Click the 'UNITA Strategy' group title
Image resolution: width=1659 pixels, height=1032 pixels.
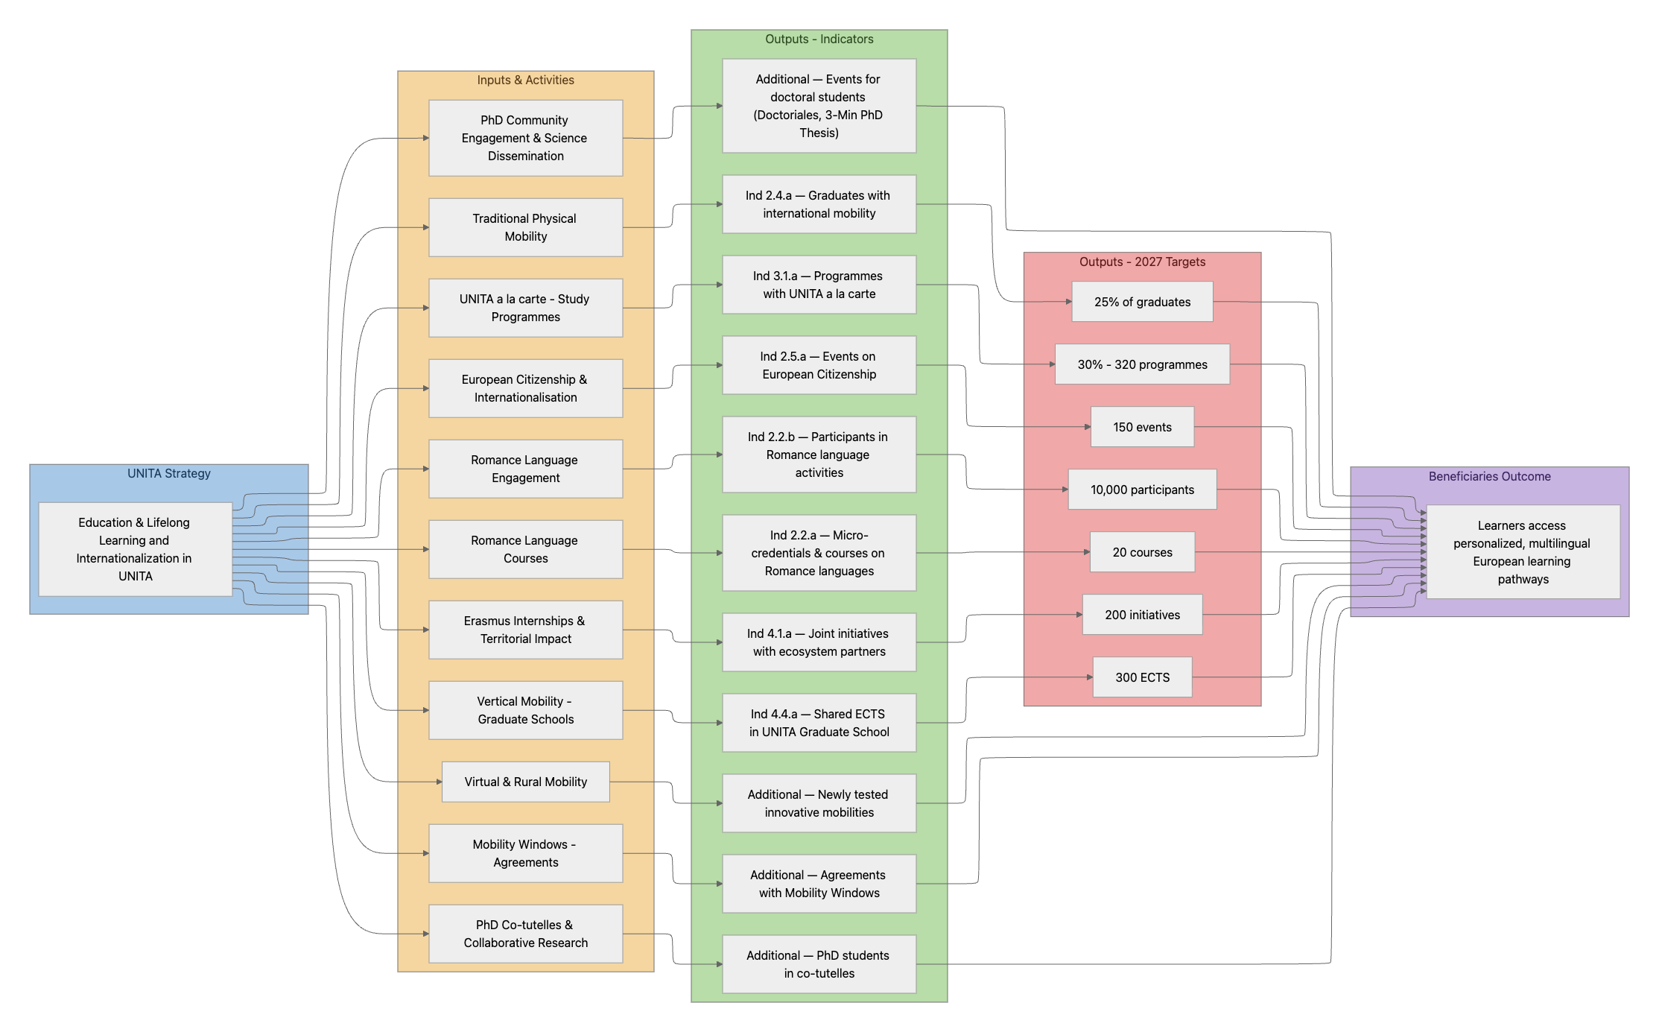[168, 474]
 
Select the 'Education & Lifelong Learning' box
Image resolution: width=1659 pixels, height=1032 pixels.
[135, 549]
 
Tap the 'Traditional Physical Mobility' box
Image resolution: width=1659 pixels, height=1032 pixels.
[525, 227]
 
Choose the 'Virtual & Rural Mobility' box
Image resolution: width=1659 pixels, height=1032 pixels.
[525, 782]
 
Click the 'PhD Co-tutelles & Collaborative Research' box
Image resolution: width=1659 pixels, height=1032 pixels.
[525, 934]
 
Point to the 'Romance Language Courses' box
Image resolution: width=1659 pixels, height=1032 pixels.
[525, 549]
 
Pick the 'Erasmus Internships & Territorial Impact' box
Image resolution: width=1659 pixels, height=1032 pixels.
[525, 630]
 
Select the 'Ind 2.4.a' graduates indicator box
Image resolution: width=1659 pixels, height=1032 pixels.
[819, 204]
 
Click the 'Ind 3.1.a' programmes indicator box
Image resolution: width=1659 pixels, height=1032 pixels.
[819, 285]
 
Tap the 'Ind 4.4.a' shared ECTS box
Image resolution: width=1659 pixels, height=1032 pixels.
[819, 723]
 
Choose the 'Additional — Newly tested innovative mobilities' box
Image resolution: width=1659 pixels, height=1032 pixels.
[819, 803]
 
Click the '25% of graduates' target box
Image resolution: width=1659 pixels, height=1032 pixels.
[1142, 302]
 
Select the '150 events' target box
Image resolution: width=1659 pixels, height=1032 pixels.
[1142, 427]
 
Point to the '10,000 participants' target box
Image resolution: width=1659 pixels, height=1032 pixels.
[1142, 490]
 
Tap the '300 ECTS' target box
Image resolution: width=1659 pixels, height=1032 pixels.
[1142, 677]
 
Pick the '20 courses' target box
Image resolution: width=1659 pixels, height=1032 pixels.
[1142, 552]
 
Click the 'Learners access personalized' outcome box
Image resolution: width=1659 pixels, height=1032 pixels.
[1523, 552]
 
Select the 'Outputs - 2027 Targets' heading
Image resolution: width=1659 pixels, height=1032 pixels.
[1142, 262]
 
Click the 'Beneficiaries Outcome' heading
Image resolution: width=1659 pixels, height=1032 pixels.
[1489, 477]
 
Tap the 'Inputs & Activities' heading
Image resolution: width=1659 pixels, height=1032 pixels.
[525, 80]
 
